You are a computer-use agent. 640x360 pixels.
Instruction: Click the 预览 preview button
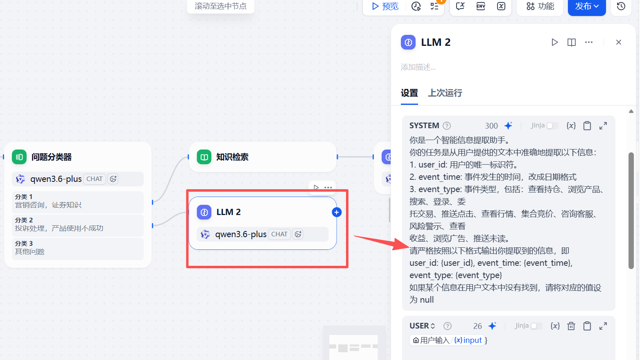pyautogui.click(x=385, y=6)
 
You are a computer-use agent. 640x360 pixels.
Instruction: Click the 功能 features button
pyautogui.click(x=540, y=6)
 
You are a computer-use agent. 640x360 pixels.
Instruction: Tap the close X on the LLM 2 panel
pyautogui.click(x=618, y=42)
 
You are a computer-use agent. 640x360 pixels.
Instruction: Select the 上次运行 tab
pyautogui.click(x=445, y=93)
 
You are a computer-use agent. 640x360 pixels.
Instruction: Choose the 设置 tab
pyautogui.click(x=409, y=93)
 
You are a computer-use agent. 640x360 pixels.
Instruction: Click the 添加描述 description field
pyautogui.click(x=418, y=67)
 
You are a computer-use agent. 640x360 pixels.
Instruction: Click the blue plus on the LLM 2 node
pyautogui.click(x=337, y=212)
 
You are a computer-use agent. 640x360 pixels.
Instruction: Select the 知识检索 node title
pyautogui.click(x=232, y=157)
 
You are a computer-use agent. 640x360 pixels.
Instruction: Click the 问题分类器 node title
pyautogui.click(x=52, y=157)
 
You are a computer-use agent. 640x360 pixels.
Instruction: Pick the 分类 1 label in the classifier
pyautogui.click(x=24, y=197)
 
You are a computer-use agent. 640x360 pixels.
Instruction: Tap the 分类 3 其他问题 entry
pyautogui.click(x=29, y=248)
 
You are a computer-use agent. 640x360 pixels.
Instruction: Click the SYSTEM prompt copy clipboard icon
pyautogui.click(x=587, y=126)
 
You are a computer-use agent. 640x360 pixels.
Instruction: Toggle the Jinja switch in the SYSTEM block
pyautogui.click(x=552, y=126)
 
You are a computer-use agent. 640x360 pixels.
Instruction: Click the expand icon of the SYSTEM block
pyautogui.click(x=603, y=126)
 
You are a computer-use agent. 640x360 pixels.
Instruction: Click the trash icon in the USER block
pyautogui.click(x=571, y=326)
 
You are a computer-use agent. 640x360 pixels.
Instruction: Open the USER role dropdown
pyautogui.click(x=422, y=326)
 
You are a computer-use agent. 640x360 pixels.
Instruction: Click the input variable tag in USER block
pyautogui.click(x=468, y=340)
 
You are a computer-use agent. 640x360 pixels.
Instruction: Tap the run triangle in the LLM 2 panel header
pyautogui.click(x=554, y=42)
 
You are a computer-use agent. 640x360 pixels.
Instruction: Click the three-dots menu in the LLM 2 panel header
pyautogui.click(x=589, y=42)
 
